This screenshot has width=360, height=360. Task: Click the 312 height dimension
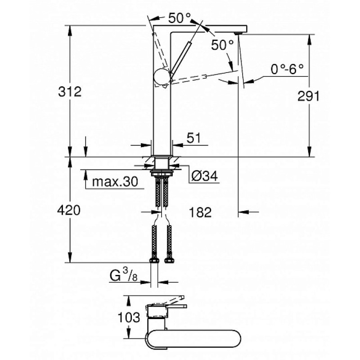tap(70, 92)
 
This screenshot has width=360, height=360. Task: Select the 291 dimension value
tap(308, 96)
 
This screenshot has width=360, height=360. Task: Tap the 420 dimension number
tap(69, 210)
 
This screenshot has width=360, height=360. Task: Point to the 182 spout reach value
tap(200, 212)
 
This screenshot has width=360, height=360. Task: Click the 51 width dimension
tap(194, 138)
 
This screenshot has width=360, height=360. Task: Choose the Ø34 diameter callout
tap(205, 176)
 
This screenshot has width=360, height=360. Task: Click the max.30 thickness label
tap(115, 182)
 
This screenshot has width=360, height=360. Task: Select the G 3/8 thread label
tap(123, 276)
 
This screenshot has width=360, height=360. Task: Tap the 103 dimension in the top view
tap(129, 317)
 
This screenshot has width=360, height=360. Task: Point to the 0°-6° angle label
tap(287, 69)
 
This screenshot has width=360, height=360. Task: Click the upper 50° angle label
tap(180, 18)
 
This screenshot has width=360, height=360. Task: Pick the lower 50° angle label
tap(222, 45)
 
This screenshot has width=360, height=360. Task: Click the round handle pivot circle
tap(162, 76)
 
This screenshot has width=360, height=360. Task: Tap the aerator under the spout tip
tap(238, 33)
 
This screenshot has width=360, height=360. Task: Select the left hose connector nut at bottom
tap(154, 261)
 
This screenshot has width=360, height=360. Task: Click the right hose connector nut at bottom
tap(169, 260)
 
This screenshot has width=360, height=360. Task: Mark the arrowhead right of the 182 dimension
tap(243, 212)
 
